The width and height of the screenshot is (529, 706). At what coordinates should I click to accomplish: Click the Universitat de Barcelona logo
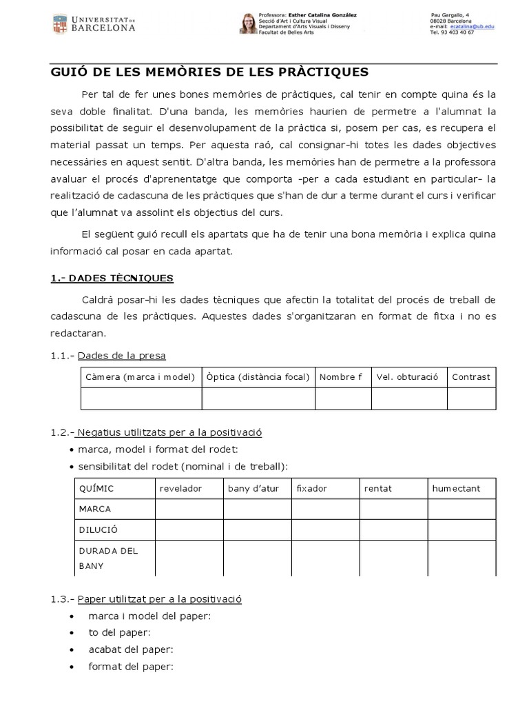(x=94, y=23)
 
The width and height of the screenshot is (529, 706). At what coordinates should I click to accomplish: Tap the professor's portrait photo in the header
(x=247, y=24)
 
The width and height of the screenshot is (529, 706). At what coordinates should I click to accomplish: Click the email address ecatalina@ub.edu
(x=472, y=26)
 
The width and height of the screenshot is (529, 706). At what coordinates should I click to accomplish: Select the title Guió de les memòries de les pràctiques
(x=210, y=72)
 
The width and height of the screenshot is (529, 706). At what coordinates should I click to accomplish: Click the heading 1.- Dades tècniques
(x=112, y=278)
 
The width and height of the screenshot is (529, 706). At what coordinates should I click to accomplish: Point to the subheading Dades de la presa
(x=121, y=356)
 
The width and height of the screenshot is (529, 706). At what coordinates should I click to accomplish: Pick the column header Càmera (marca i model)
(x=141, y=377)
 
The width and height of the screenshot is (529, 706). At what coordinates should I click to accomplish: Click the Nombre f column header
(x=341, y=377)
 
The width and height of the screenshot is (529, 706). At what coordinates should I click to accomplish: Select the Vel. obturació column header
(x=407, y=377)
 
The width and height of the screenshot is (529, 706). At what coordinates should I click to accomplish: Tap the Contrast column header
(x=471, y=377)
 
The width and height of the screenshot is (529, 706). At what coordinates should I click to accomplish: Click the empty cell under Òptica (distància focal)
(x=258, y=399)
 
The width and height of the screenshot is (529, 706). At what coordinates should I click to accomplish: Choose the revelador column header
(x=180, y=489)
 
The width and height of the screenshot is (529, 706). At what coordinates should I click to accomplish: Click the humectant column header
(x=456, y=489)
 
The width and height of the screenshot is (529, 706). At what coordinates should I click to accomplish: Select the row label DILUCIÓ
(x=99, y=529)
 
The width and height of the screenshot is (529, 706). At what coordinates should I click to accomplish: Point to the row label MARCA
(x=96, y=509)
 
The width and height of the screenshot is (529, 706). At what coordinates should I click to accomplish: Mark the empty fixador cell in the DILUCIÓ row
(x=325, y=529)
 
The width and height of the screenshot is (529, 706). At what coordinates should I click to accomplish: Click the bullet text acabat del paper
(x=131, y=649)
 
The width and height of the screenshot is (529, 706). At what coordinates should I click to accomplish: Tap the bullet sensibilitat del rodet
(x=183, y=467)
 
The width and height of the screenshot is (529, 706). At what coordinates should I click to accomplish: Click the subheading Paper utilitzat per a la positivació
(x=159, y=599)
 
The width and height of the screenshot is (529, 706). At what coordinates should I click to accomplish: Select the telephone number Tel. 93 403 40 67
(x=452, y=32)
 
